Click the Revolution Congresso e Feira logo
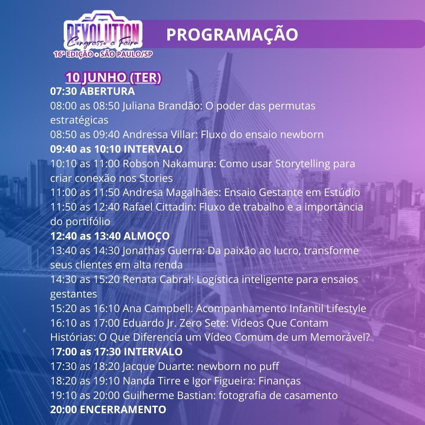[103, 34]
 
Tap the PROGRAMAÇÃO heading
[232, 34]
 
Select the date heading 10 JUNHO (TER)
[113, 78]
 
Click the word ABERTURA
[107, 91]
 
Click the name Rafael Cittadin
[158, 207]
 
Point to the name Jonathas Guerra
[162, 251]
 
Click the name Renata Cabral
[157, 279]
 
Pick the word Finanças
[279, 381]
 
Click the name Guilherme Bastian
[168, 395]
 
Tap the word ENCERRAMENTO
[123, 410]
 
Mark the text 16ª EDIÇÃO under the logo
[73, 54]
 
